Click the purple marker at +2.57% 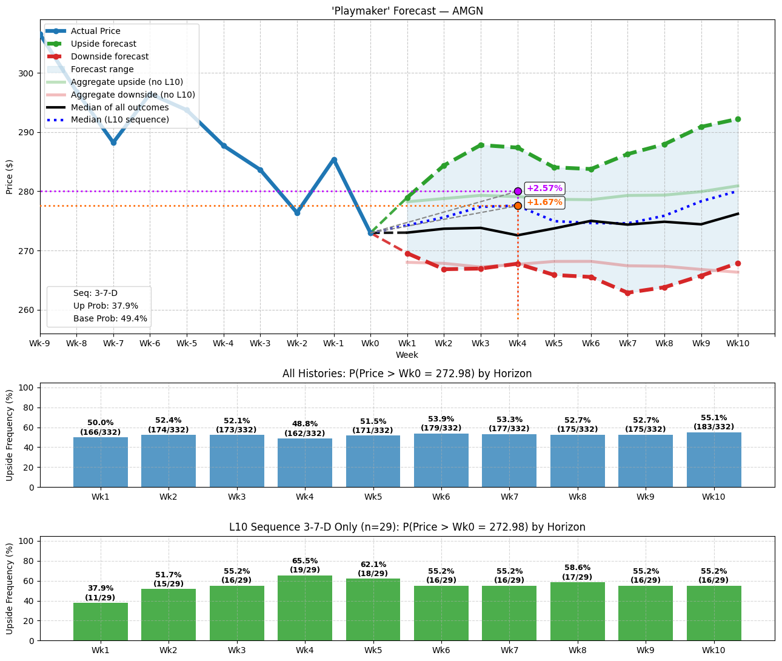point(518,191)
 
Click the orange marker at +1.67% point(518,206)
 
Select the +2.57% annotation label point(544,189)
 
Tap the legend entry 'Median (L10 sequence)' point(119,119)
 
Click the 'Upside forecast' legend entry point(103,44)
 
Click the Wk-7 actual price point point(113,143)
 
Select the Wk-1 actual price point point(334,160)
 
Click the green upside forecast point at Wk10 point(738,119)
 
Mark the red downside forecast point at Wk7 point(628,293)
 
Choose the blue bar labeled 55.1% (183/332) point(713,460)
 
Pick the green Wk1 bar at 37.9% point(101,622)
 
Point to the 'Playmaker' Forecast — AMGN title point(407,11)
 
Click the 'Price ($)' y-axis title point(10,176)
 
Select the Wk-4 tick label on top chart point(224,343)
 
